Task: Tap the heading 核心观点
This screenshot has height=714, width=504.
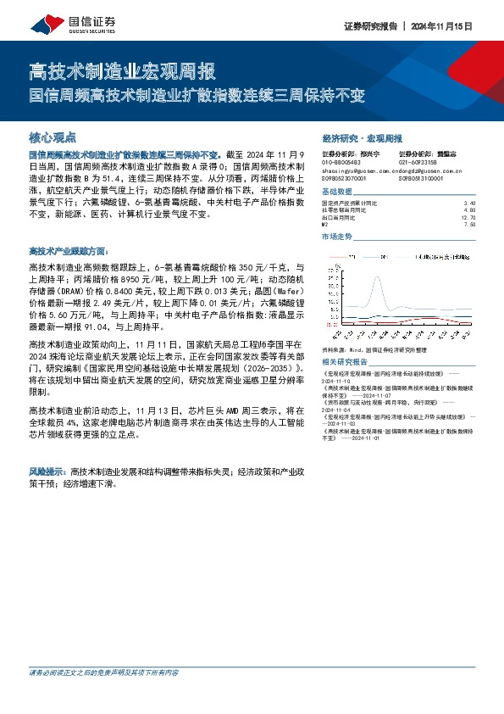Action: tap(53, 136)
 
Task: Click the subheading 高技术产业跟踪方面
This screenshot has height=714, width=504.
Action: tap(68, 251)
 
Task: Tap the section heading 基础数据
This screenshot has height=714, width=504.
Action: tap(337, 192)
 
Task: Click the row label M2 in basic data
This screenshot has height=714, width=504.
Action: tap(326, 224)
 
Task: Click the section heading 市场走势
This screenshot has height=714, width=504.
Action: tap(337, 237)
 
